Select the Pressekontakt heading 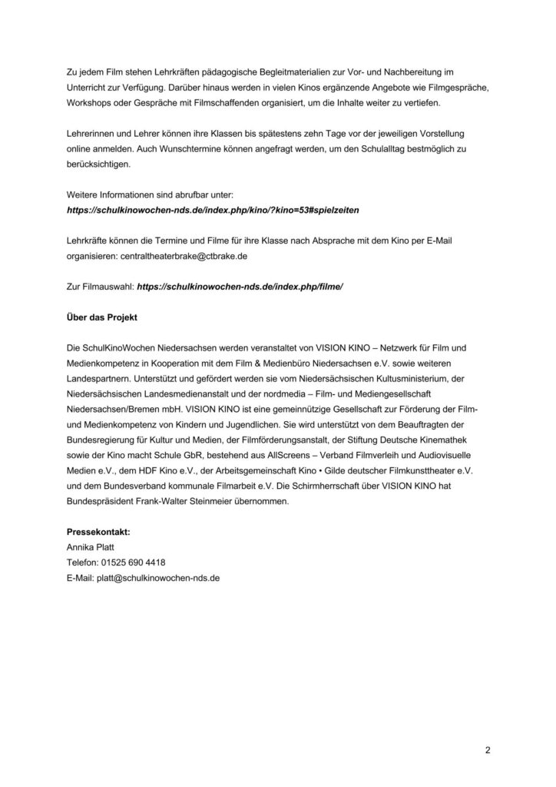pyautogui.click(x=98, y=531)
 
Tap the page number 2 pyautogui.click(x=487, y=750)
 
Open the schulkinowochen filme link pyautogui.click(x=240, y=285)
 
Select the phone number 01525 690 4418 pyautogui.click(x=132, y=562)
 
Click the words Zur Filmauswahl pyautogui.click(x=99, y=285)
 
